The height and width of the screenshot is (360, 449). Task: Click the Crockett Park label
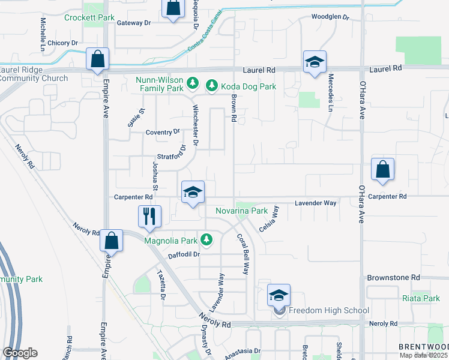pos(89,18)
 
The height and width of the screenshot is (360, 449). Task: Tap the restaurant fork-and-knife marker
pos(149,217)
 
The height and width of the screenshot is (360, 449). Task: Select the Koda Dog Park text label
pos(248,87)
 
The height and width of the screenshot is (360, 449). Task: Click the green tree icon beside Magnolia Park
pos(206,241)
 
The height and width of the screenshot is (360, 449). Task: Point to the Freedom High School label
pos(328,310)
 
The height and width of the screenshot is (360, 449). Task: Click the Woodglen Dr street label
pos(330,17)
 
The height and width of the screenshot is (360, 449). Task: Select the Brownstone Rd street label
pos(393,278)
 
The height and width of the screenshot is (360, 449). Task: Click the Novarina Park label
pos(241,211)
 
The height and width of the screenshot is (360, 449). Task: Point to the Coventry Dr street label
pos(163,132)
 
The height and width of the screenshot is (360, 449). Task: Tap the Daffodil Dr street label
pos(183,254)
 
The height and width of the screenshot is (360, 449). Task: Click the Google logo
pos(20,353)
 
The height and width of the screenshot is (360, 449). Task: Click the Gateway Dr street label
pos(134,23)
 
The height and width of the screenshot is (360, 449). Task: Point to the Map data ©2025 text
pos(423,355)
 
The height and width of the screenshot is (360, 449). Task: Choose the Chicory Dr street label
pos(63,43)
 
